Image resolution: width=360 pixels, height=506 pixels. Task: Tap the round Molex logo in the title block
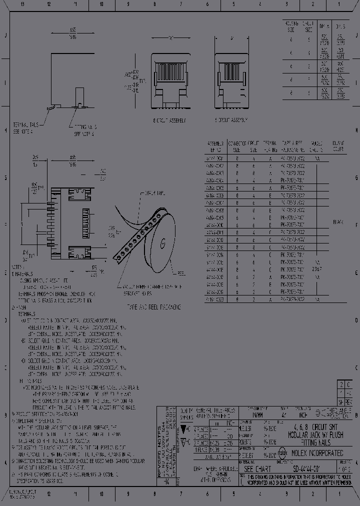(282, 453)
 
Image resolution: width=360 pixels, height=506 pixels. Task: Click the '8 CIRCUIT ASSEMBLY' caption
(169, 120)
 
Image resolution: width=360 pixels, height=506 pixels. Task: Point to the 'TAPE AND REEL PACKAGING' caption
(153, 306)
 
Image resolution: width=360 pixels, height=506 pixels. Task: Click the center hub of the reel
(162, 243)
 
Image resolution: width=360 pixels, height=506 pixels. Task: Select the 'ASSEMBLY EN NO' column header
(215, 146)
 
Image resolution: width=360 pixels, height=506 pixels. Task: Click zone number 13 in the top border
(22, 4)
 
